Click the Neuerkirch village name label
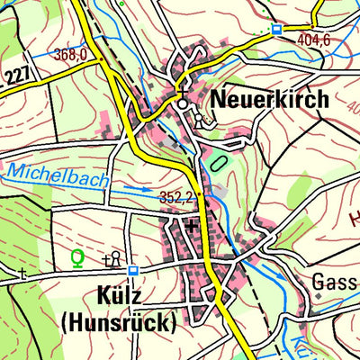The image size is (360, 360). [270, 99]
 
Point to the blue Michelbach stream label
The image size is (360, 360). [57, 175]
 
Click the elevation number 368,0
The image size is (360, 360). [69, 56]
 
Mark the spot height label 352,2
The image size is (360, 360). [178, 197]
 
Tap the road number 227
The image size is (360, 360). [15, 76]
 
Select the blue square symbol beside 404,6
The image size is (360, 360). [276, 29]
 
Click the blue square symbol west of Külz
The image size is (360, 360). [133, 270]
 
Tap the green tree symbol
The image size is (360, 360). [78, 259]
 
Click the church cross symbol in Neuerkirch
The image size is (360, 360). [184, 91]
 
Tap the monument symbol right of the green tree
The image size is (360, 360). [114, 259]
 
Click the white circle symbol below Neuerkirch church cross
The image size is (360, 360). [184, 104]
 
